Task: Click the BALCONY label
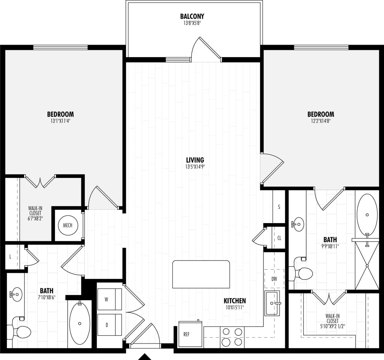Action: pos(192,16)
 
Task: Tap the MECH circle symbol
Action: pos(67,225)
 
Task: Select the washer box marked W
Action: pos(109,299)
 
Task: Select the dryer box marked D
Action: pos(109,325)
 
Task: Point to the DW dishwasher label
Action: pos(274,279)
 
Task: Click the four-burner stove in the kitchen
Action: pos(232,337)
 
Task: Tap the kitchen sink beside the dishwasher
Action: pos(272,303)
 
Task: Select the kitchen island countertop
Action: pos(201,274)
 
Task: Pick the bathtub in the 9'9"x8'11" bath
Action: pos(367,215)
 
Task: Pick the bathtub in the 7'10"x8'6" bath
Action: pos(79,323)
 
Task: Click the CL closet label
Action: pos(279,238)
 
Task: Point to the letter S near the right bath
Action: pos(279,207)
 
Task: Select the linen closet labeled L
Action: pos(10,257)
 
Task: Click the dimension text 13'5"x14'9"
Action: pos(195,167)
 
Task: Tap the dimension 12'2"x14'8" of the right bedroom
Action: pos(320,121)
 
